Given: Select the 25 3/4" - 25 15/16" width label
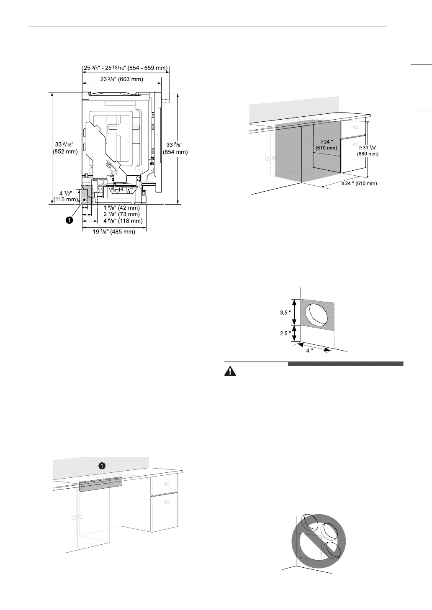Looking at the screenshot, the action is click(x=125, y=68).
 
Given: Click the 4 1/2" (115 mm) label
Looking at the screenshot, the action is click(x=66, y=196).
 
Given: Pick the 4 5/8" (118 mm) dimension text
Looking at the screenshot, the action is click(x=123, y=220).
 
